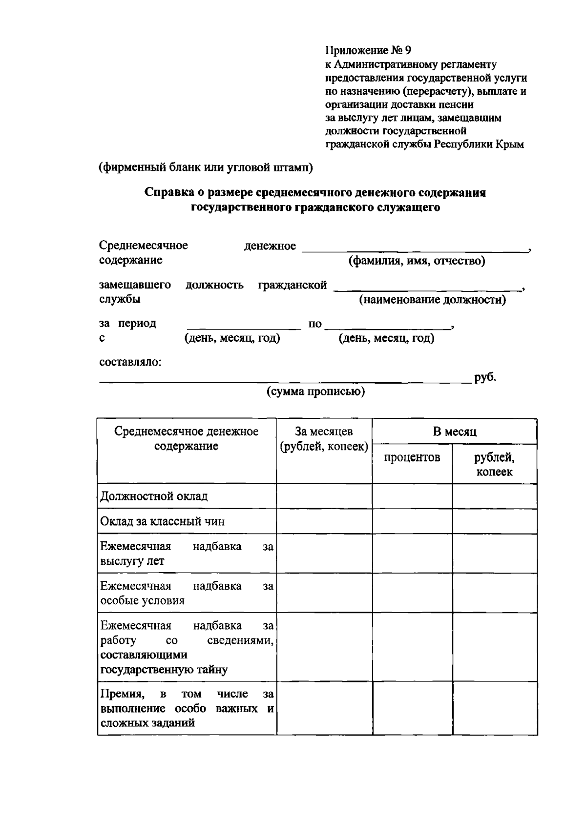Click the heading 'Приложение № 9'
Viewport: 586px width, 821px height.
coord(369,50)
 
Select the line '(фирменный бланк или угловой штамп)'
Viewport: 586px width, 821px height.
coord(206,167)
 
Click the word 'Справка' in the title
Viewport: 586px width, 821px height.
coord(167,192)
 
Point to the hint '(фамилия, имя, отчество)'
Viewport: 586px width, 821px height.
coord(417,261)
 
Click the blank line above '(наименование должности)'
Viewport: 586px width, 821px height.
coord(427,289)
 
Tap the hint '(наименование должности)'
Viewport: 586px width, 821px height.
coord(432,299)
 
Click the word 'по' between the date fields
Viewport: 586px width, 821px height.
coord(315,324)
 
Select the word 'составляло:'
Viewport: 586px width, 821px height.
coord(130,362)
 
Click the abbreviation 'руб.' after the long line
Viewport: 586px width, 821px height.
coord(485,377)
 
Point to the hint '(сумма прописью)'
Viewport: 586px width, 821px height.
coord(315,391)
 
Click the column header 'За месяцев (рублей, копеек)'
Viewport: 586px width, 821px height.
coord(324,439)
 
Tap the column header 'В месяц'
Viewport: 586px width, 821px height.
coord(454,431)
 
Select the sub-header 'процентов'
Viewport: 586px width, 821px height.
coord(412,457)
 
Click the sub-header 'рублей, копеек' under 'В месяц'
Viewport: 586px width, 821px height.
coord(494,464)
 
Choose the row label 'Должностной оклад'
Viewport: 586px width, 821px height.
coord(154,496)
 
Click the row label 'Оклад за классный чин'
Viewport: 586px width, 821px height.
coord(162,521)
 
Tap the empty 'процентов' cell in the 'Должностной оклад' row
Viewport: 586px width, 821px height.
coord(412,496)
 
